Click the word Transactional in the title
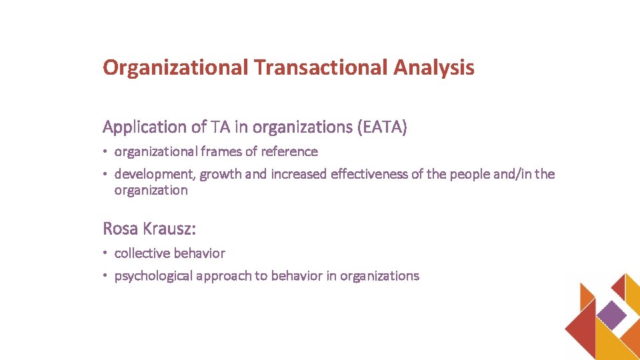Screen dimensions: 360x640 tap(320, 67)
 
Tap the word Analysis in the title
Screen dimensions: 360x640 tap(434, 67)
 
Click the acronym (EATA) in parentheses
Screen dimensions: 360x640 tap(382, 127)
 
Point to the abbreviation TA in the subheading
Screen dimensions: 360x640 tap(219, 127)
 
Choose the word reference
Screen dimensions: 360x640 tap(289, 152)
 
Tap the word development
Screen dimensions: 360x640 tap(155, 175)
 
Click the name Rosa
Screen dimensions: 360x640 tap(120, 229)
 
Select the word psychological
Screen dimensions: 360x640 tap(153, 276)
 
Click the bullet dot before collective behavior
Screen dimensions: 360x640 tap(106, 254)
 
